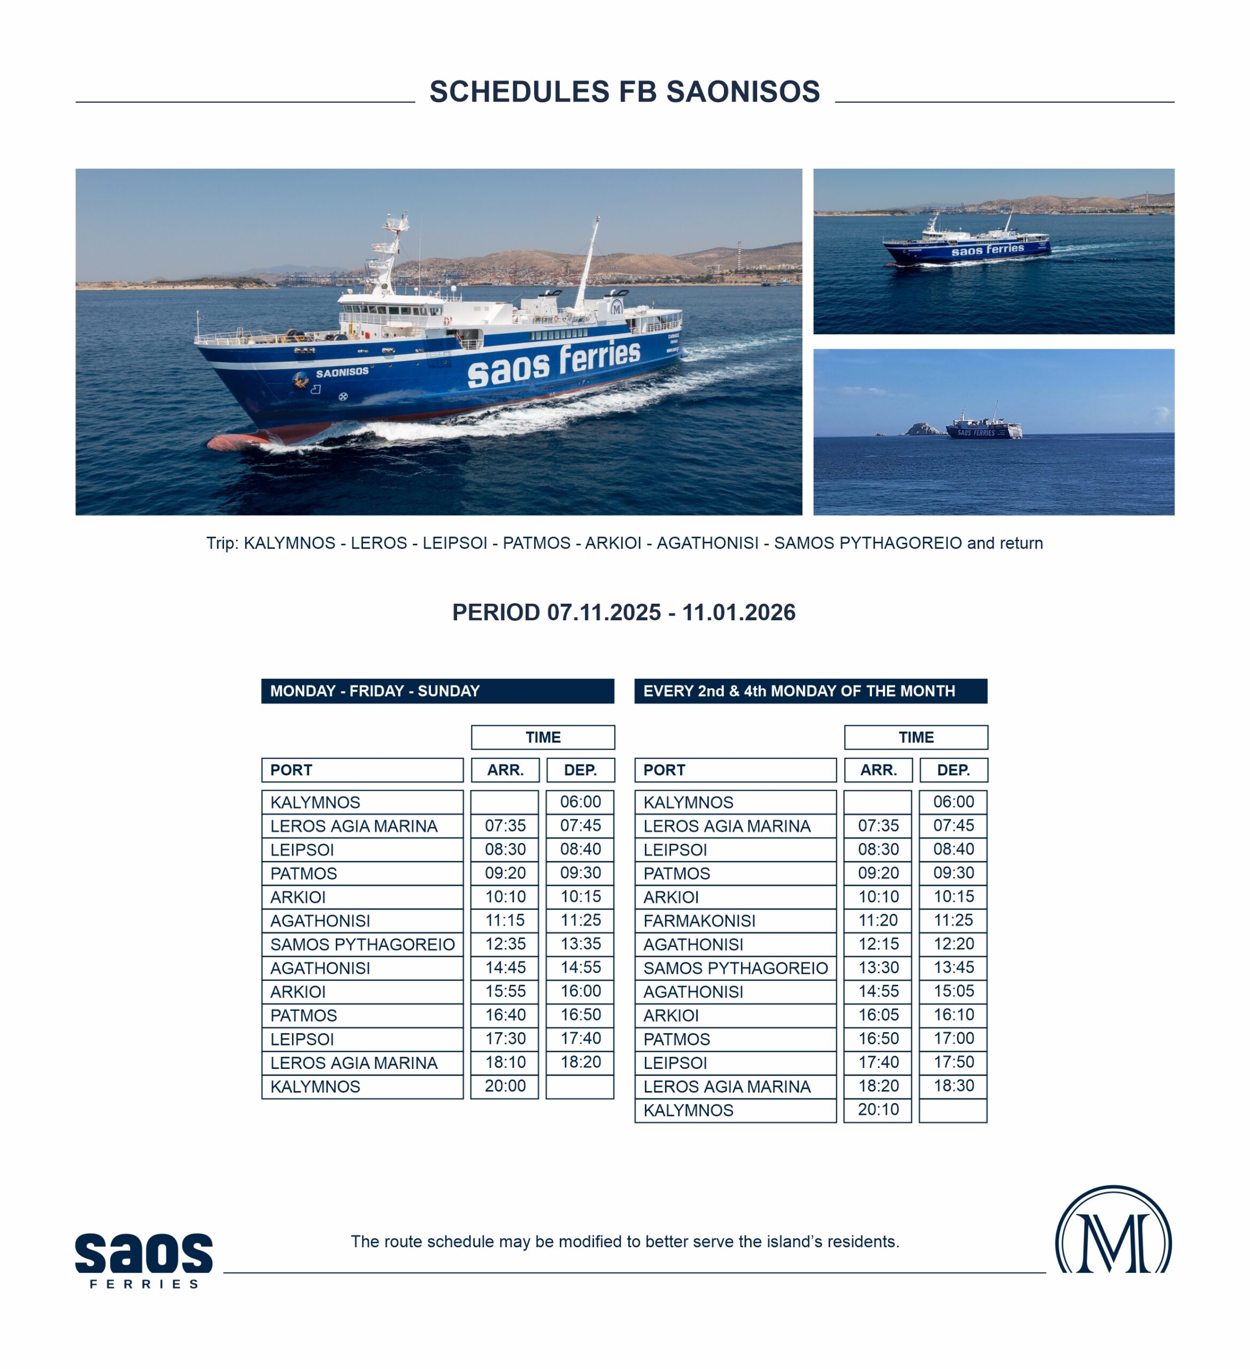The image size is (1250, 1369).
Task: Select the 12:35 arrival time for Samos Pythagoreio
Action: (505, 944)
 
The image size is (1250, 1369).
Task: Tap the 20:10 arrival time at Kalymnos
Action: (878, 1110)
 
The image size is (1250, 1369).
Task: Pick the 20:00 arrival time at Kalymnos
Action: (505, 1086)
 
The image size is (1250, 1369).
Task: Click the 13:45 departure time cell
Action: (953, 968)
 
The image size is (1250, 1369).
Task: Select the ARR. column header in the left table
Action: (505, 770)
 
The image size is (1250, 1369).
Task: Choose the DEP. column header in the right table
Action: (953, 770)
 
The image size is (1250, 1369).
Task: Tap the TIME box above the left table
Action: (543, 737)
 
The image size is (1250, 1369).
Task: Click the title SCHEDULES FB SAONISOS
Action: (624, 91)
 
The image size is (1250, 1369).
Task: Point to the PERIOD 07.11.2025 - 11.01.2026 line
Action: (624, 612)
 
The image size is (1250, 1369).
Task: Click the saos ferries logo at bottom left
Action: (144, 1259)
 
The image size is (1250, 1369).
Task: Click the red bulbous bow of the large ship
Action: (231, 443)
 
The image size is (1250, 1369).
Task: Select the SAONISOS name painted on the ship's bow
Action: (342, 373)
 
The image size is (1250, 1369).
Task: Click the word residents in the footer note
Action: (867, 1241)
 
